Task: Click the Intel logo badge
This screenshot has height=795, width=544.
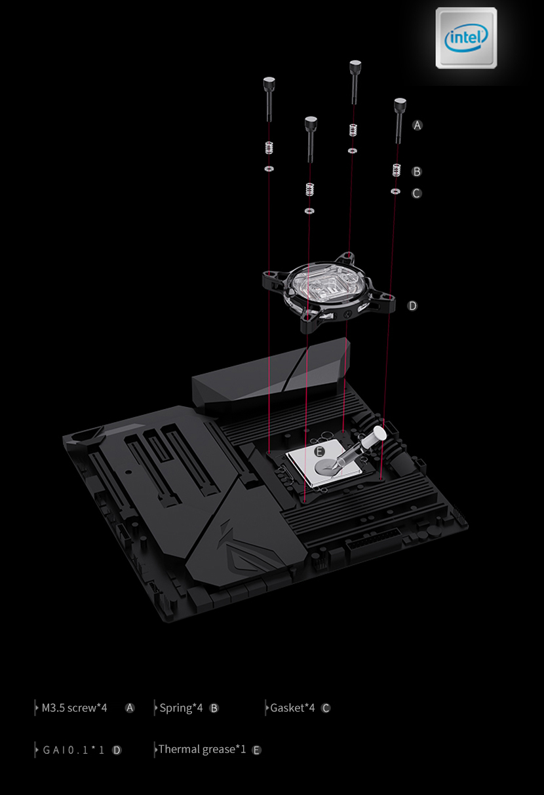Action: click(466, 37)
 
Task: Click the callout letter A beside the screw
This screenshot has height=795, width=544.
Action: click(418, 125)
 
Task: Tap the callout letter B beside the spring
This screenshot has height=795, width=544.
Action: click(417, 172)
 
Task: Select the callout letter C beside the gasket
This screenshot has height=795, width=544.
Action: click(416, 193)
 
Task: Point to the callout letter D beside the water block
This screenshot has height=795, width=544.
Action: click(412, 306)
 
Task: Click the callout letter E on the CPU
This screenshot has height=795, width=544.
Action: click(319, 452)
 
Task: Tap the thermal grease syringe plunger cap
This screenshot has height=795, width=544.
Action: click(378, 433)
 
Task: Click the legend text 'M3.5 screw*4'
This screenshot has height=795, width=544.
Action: click(74, 708)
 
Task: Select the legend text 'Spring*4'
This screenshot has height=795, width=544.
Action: click(181, 708)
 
